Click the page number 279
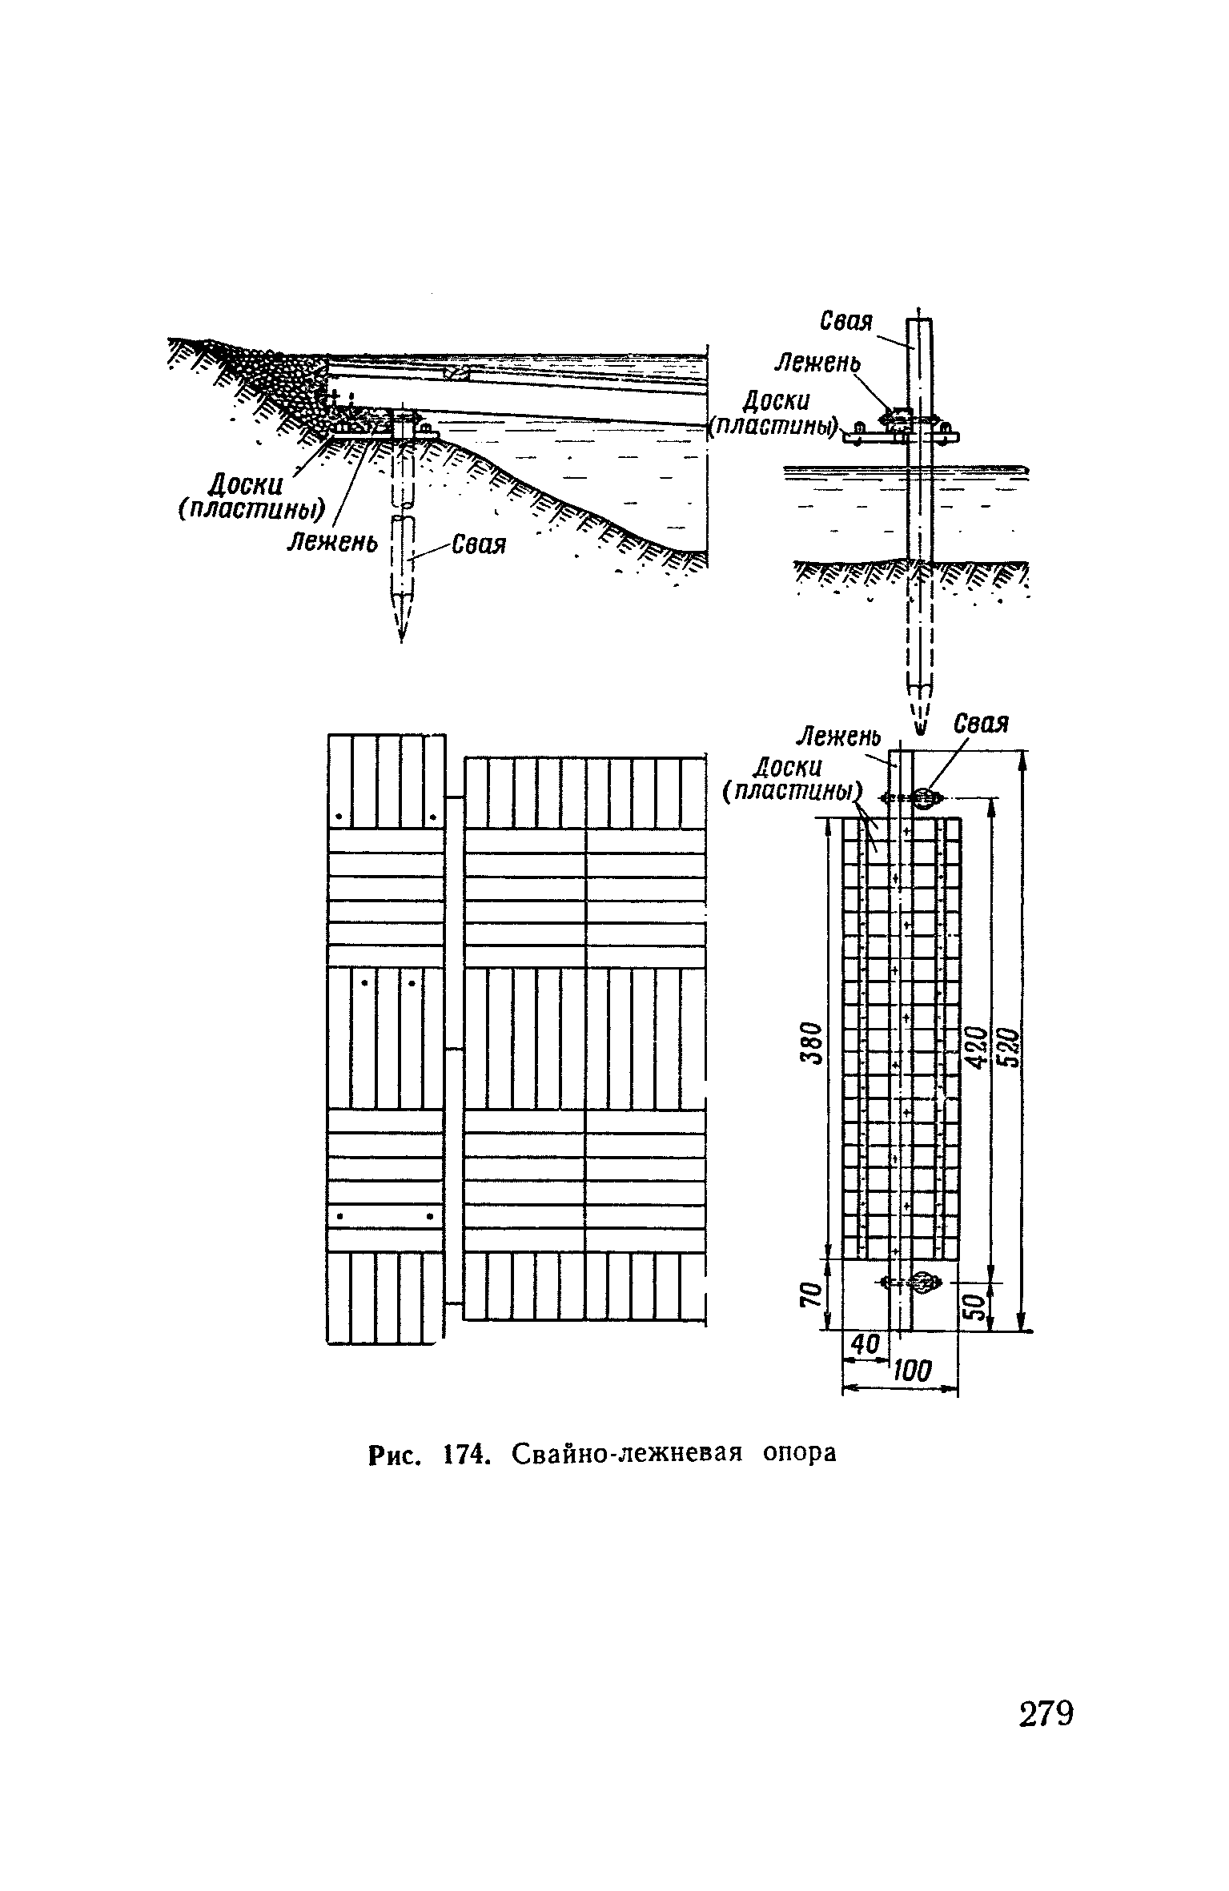pos(1046,1715)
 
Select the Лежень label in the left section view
pos(332,544)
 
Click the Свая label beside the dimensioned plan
pos(981,724)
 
